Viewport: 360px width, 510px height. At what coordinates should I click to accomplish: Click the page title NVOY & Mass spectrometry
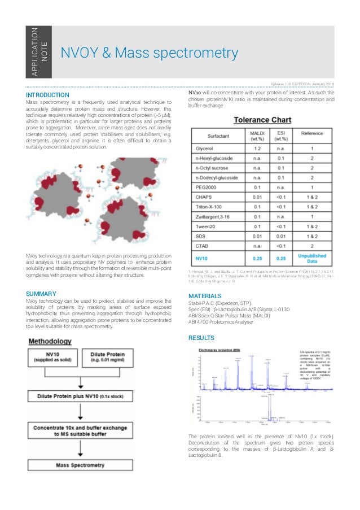point(150,53)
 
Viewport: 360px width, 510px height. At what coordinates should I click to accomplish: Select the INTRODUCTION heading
point(47,94)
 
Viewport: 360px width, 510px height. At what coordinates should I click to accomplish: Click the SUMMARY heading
point(41,294)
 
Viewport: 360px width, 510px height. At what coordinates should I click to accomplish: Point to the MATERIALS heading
point(204,296)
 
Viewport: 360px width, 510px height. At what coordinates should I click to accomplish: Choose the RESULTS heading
point(201,338)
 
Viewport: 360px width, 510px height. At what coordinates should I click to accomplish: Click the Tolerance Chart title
point(262,120)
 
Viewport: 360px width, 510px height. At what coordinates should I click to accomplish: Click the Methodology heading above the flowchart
point(50,342)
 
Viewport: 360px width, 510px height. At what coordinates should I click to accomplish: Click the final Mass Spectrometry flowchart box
point(82,465)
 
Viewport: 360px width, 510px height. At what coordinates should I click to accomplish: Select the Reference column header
point(311,136)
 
